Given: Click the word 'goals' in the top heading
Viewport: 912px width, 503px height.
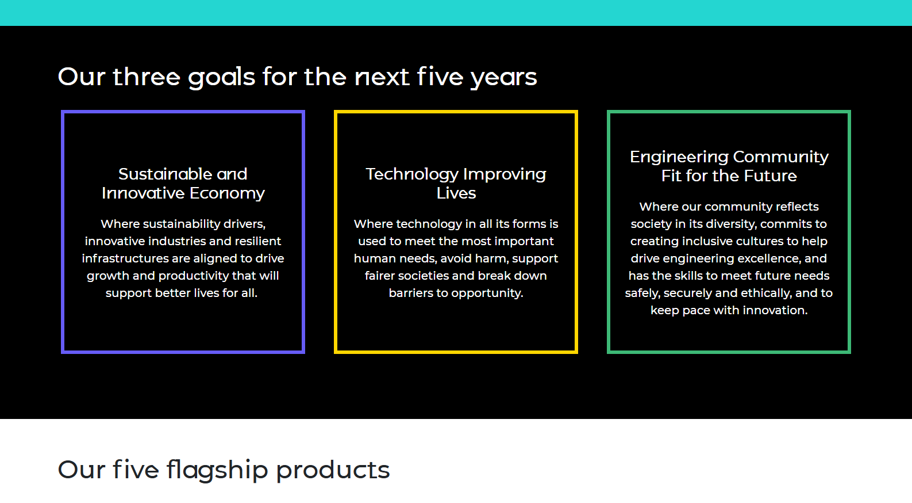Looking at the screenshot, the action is [221, 78].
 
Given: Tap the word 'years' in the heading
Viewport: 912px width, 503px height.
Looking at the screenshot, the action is [504, 78].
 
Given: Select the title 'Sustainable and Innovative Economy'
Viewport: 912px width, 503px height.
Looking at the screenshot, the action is [183, 184].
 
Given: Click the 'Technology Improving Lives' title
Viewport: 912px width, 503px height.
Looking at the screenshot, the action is [456, 184].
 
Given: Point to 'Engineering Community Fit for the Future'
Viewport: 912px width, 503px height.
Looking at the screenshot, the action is [729, 166].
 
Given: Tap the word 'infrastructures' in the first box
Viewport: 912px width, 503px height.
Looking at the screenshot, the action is [125, 258].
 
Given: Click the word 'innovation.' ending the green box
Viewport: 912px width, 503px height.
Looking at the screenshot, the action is [775, 310].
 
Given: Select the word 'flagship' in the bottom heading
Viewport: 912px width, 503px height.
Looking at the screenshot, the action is [217, 470].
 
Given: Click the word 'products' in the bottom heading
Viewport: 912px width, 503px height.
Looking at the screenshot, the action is [333, 470].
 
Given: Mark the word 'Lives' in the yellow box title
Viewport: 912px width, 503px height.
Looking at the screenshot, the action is [456, 193].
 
